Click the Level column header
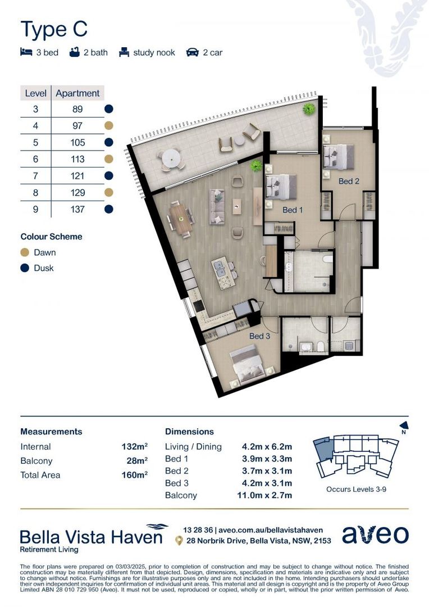tap(35, 93)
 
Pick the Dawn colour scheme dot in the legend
tap(25, 252)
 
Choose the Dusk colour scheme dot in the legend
tap(25, 268)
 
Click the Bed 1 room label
tap(293, 210)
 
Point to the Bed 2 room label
tap(349, 181)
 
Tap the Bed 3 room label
tap(261, 336)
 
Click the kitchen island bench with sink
tap(223, 272)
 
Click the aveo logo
tap(375, 535)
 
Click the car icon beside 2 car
tap(193, 52)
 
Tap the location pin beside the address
tap(179, 541)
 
